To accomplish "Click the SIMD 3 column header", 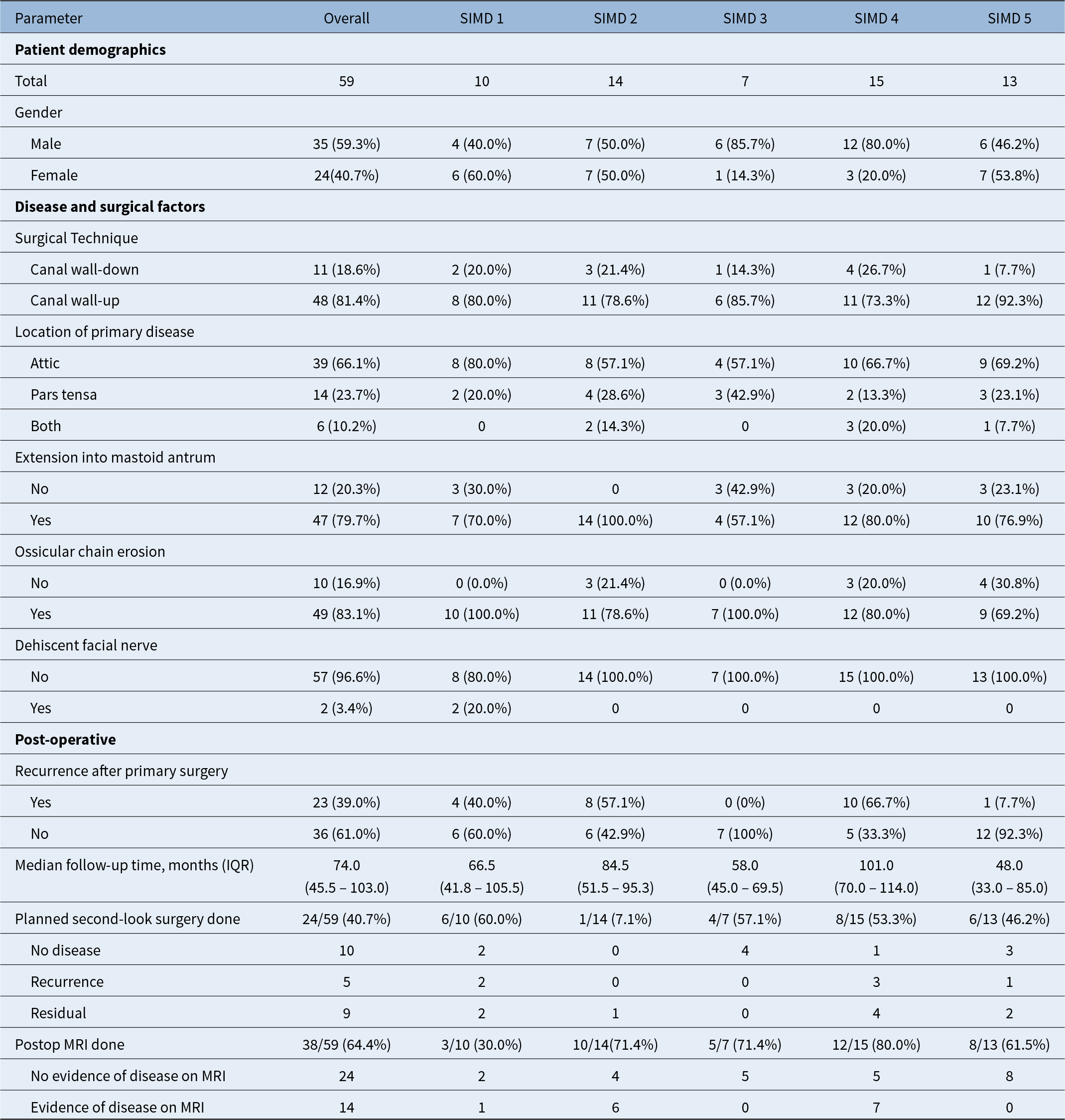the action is pos(745,18).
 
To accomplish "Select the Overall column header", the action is pos(346,18).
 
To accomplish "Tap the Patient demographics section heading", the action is pos(90,50).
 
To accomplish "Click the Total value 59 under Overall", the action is pos(346,81).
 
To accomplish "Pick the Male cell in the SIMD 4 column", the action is pos(876,144).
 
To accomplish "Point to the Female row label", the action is pos(54,175).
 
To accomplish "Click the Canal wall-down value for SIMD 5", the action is pos(1009,269).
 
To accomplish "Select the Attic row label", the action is pos(45,363).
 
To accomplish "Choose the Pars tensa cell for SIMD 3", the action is pos(745,395).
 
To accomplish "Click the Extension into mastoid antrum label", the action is pos(115,457).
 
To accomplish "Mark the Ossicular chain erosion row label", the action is pos(90,551).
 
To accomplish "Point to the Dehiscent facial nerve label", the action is pos(86,645).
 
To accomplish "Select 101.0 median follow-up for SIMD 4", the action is pos(876,865).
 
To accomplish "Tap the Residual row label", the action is pos(58,1013).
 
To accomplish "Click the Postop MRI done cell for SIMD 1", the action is pos(481,1044).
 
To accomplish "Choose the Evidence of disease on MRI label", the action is pos(117,1107).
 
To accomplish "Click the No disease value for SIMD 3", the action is pos(745,950).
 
